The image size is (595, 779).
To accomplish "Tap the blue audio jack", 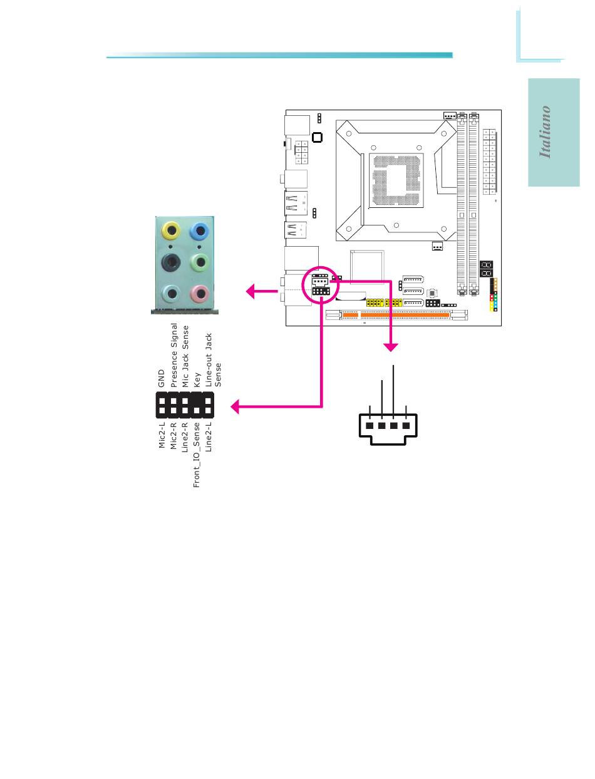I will (x=199, y=231).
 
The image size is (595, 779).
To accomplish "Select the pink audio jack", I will (x=199, y=293).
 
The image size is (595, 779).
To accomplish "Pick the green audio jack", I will (x=199, y=262).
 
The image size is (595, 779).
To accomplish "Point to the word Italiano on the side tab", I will (x=546, y=132).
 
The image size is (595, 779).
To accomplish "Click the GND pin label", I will (x=162, y=376).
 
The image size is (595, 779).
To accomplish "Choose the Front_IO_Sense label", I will (x=197, y=455).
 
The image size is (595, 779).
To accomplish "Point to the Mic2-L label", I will (x=162, y=435).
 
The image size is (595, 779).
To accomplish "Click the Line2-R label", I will (x=185, y=436).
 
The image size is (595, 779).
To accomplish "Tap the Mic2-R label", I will (x=173, y=435).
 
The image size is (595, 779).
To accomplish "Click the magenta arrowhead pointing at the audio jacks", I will (x=251, y=291).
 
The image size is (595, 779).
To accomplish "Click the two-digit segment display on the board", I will (x=485, y=269).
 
